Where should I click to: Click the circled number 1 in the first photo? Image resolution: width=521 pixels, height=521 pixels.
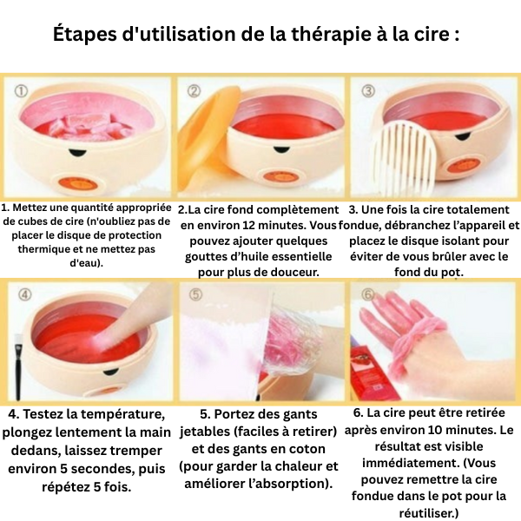[21, 91]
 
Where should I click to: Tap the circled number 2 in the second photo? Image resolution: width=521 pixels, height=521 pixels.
[194, 90]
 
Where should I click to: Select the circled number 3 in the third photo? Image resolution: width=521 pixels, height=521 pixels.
[368, 90]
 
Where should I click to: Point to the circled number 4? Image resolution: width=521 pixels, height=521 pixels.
[25, 294]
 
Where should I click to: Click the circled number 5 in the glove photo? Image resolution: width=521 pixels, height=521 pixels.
[196, 294]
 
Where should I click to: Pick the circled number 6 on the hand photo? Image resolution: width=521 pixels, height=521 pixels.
[368, 294]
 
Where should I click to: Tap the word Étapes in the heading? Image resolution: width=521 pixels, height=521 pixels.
[85, 34]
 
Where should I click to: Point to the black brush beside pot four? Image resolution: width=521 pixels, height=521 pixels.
[18, 368]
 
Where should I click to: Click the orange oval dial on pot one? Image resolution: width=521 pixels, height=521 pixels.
[78, 182]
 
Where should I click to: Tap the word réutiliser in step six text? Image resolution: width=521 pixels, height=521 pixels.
[429, 512]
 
